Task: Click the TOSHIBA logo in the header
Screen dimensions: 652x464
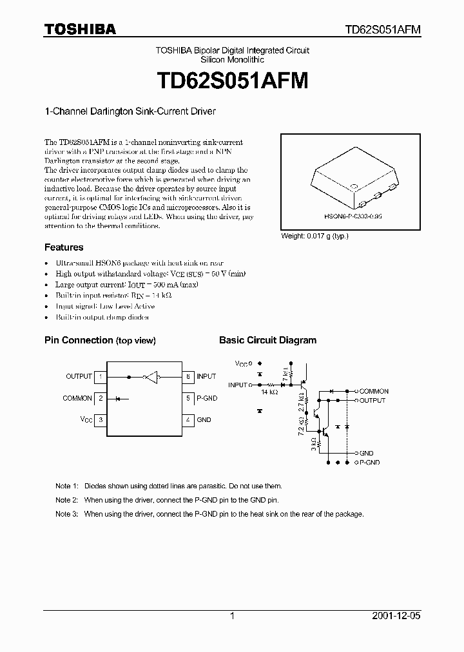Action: pos(80,29)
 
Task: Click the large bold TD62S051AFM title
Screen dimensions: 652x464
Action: pos(231,81)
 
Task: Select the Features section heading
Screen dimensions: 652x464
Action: pos(64,247)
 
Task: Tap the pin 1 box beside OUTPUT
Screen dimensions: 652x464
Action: pos(101,376)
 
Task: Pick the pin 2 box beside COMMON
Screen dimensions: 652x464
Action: pos(101,398)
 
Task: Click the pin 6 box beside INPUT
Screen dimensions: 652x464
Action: pos(188,376)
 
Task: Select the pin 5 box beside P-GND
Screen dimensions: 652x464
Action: pos(188,398)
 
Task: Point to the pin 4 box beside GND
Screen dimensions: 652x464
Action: pos(188,419)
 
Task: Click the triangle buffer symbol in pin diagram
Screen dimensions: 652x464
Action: pos(151,376)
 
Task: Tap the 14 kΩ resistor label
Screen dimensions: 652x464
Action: pos(269,392)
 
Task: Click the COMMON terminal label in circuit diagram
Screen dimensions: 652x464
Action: pos(374,392)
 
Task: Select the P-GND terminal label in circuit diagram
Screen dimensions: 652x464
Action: pos(369,463)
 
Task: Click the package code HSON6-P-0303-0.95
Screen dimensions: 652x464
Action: pos(349,218)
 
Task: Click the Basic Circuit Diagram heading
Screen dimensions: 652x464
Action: pos(267,340)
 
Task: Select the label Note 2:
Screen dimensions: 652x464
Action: pos(66,500)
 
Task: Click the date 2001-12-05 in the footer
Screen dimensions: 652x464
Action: pos(398,616)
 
